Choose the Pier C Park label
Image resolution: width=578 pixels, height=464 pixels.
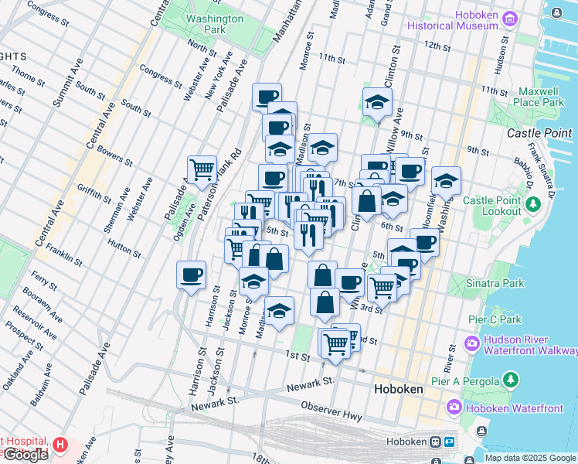click(x=498, y=319)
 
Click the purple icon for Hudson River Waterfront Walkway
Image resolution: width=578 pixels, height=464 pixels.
click(x=471, y=342)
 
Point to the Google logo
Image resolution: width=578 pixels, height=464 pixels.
click(x=25, y=455)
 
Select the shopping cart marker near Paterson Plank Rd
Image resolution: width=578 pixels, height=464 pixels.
click(x=202, y=169)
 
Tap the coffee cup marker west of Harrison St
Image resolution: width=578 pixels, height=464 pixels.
click(x=191, y=275)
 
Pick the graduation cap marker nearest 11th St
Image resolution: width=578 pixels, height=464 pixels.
click(x=377, y=102)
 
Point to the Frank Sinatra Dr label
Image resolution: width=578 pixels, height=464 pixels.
click(x=541, y=155)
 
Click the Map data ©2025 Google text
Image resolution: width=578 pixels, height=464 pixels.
click(x=530, y=458)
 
